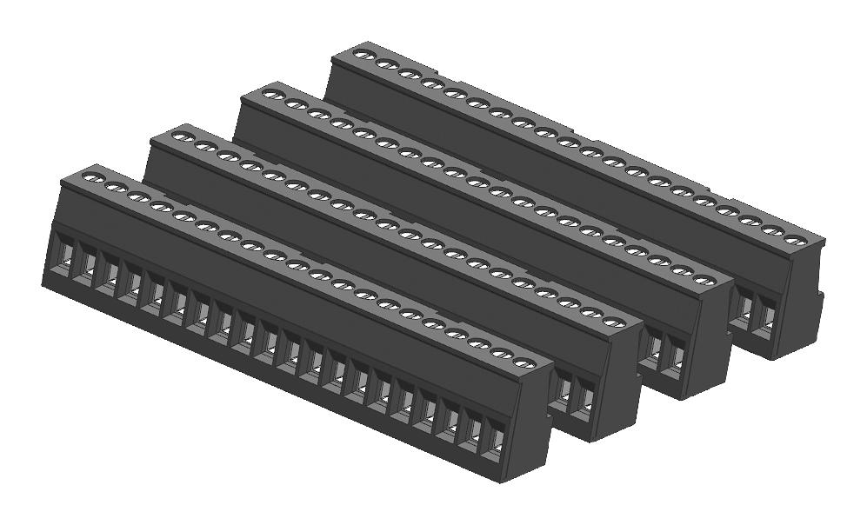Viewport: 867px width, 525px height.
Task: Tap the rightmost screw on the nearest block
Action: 522,362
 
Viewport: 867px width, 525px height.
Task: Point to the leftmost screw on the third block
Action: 272,94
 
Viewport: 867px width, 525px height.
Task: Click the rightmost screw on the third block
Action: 704,282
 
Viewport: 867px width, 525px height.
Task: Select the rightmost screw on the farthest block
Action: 793,239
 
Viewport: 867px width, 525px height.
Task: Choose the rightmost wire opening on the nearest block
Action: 495,442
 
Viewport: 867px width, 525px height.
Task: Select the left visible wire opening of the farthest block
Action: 744,305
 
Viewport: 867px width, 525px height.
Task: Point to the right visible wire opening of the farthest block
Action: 767,314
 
